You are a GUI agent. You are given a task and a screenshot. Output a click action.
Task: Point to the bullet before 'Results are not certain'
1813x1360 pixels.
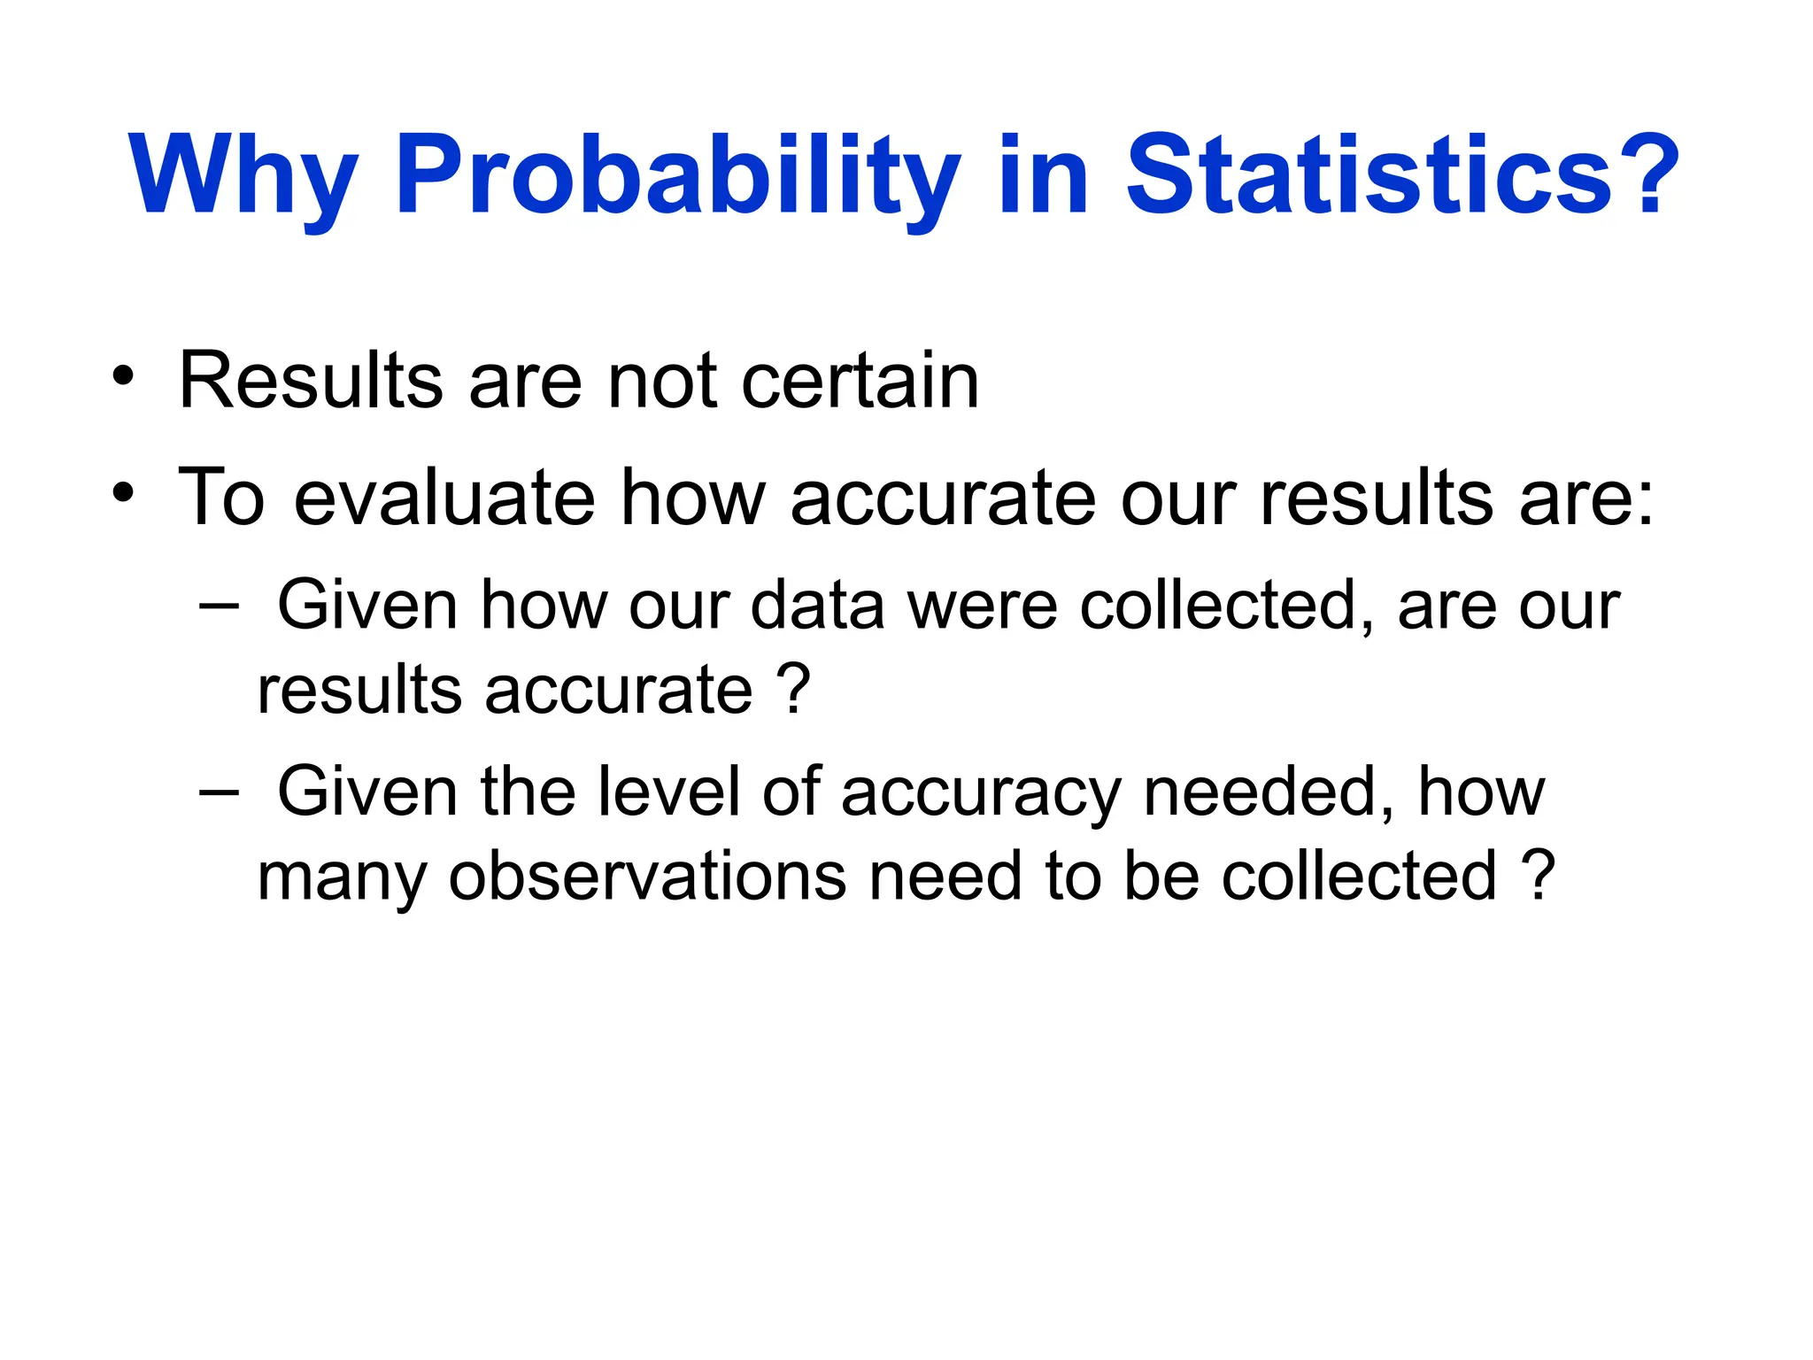(x=124, y=376)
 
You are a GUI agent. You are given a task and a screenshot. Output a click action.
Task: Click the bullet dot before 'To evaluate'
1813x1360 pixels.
(x=124, y=492)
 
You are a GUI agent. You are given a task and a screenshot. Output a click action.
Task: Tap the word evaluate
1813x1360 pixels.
(x=444, y=498)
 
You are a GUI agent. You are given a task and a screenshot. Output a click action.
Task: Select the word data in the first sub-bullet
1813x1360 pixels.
(x=817, y=606)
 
